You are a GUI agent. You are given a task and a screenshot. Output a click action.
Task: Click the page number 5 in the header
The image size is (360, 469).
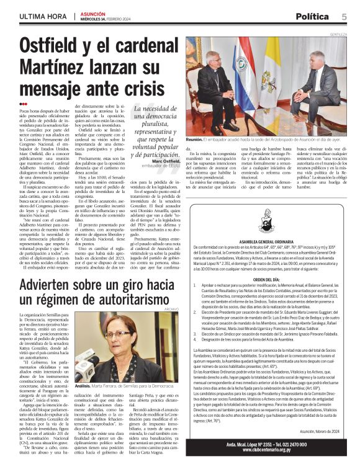click(x=343, y=16)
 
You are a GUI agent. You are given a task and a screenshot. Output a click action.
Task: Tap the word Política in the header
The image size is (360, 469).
click(x=312, y=16)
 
